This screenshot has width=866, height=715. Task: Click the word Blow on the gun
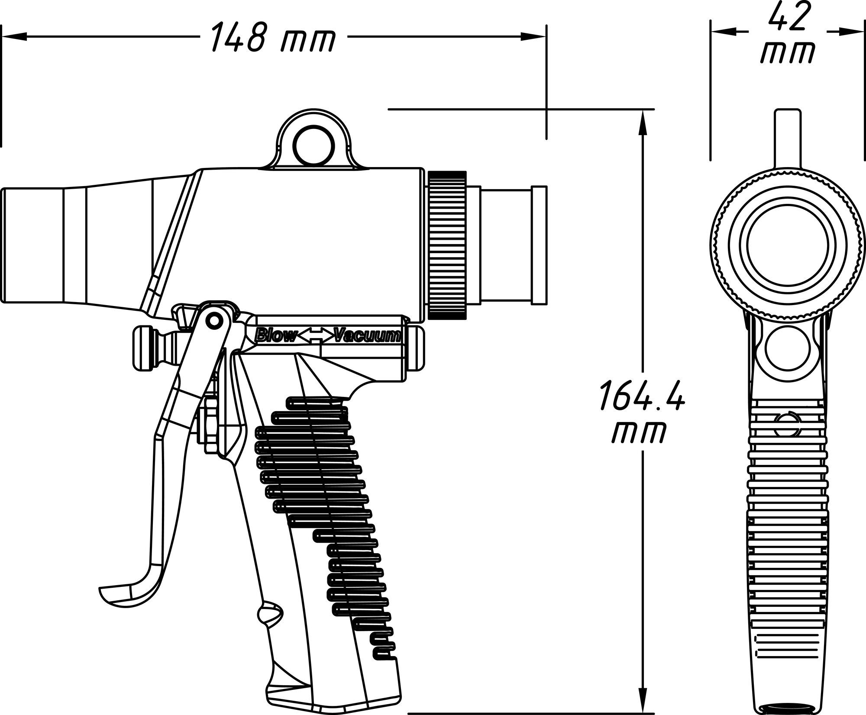click(276, 336)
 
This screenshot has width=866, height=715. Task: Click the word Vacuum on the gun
click(368, 336)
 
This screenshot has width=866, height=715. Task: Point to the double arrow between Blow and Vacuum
click(316, 336)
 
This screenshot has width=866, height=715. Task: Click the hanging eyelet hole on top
click(314, 146)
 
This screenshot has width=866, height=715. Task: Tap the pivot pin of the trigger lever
click(213, 320)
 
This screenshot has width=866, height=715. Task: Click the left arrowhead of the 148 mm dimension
click(13, 38)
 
